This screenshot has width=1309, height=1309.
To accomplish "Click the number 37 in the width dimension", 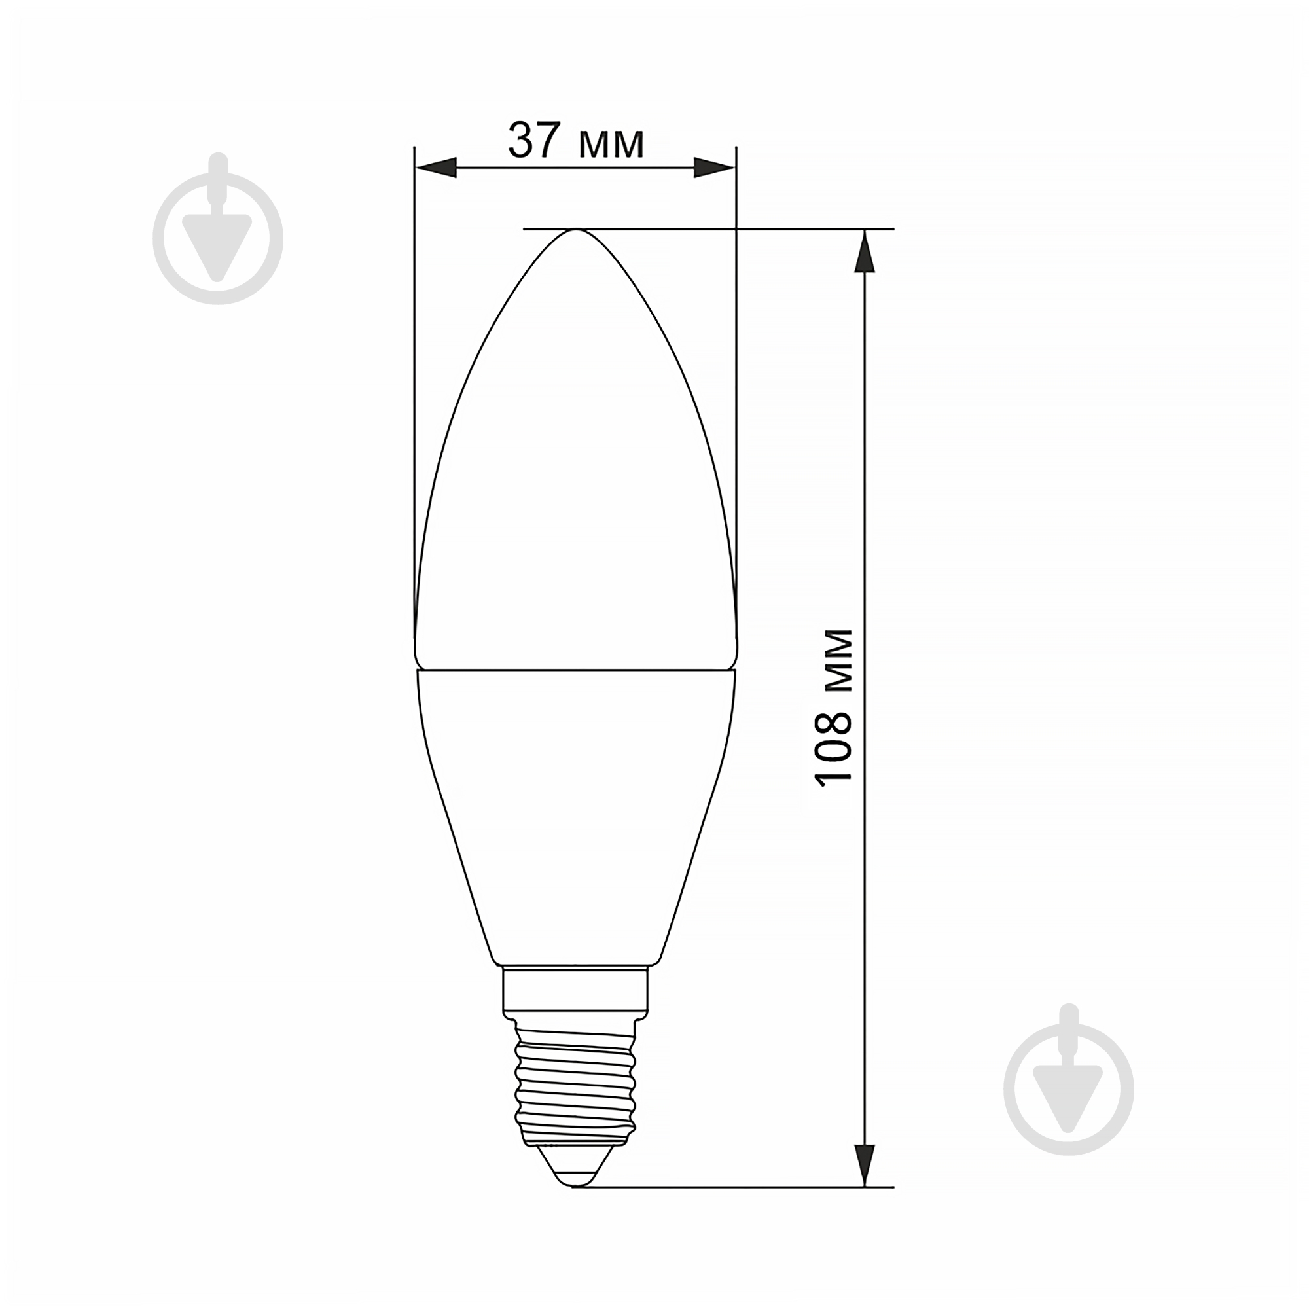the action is tap(534, 139).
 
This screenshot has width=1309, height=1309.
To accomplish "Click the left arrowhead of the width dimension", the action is tap(436, 168).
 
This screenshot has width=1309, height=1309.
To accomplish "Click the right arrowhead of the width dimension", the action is tap(715, 168).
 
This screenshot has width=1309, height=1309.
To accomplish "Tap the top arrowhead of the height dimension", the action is tap(864, 251).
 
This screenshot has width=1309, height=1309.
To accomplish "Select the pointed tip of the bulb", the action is tap(576, 230).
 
